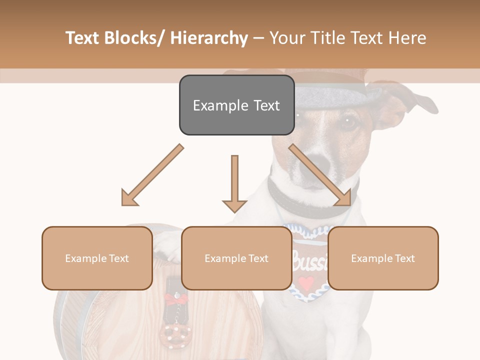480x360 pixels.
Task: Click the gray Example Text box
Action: tap(236, 105)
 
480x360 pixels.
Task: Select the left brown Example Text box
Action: tap(97, 258)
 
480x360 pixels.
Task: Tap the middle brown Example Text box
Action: tap(236, 258)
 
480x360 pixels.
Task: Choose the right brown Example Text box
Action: tap(383, 258)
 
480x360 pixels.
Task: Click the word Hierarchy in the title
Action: tap(209, 38)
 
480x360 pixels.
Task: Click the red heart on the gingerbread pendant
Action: tap(306, 281)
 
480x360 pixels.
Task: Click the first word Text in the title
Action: tap(84, 38)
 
